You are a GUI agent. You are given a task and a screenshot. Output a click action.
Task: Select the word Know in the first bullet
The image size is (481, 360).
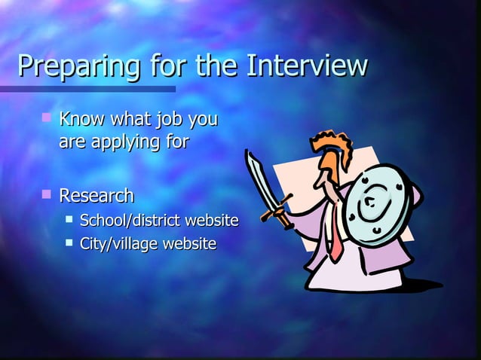click(x=84, y=119)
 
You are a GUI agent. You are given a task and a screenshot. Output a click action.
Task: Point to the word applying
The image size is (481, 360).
click(x=126, y=141)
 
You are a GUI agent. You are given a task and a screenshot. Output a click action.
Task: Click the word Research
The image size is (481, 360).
click(x=97, y=197)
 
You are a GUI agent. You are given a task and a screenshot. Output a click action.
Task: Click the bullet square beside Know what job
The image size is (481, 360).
click(x=47, y=117)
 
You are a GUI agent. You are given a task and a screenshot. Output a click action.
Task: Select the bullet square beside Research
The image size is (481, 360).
click(x=47, y=195)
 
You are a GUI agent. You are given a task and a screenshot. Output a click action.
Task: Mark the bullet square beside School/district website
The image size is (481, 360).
click(x=69, y=219)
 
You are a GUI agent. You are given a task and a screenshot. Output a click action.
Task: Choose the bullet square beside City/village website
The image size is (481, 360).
click(x=69, y=242)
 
